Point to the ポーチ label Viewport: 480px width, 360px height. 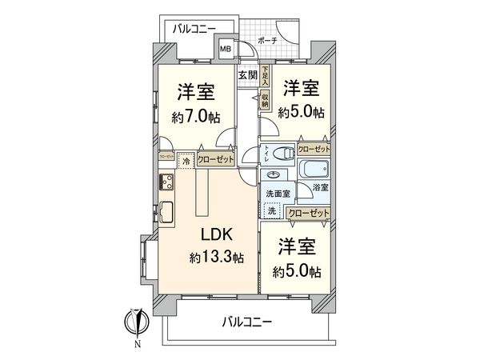[269, 39]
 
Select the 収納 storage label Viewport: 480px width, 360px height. [264, 101]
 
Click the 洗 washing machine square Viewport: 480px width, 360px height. [273, 211]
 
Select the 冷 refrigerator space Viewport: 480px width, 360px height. [186, 159]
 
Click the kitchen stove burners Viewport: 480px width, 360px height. [168, 187]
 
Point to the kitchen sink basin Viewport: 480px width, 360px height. [169, 213]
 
